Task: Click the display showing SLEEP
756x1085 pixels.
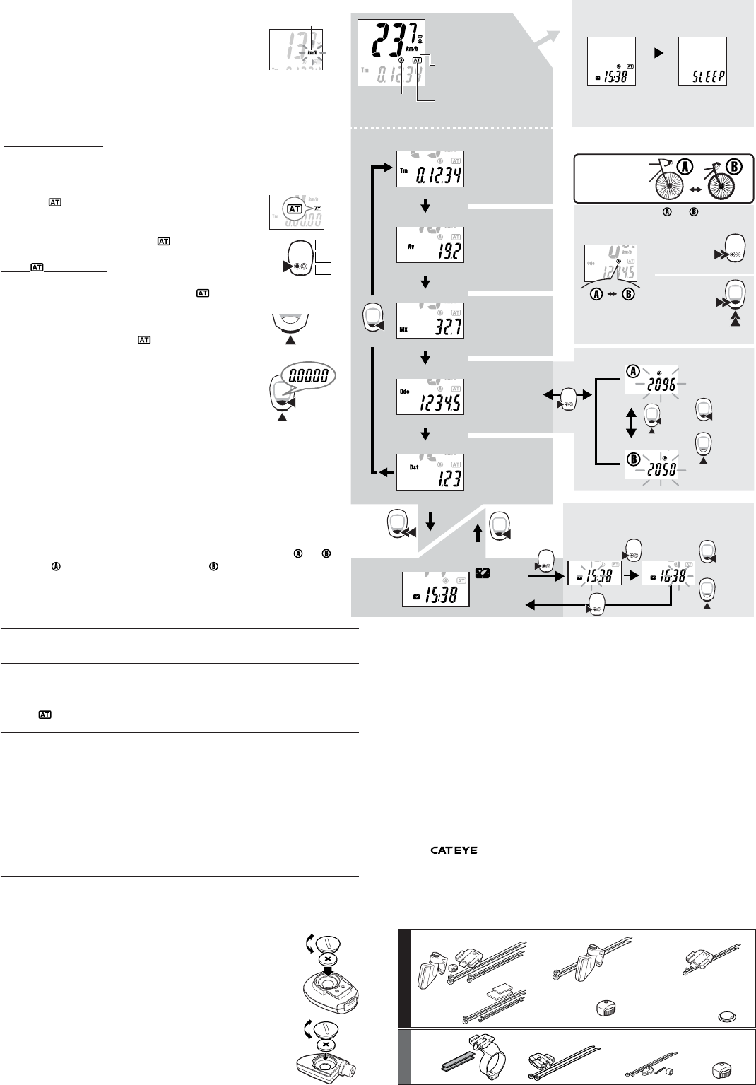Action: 702,62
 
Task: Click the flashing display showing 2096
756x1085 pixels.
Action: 651,381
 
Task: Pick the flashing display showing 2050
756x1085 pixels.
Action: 651,467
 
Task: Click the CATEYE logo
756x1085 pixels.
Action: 454,850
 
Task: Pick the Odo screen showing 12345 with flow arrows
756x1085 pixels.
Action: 430,399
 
